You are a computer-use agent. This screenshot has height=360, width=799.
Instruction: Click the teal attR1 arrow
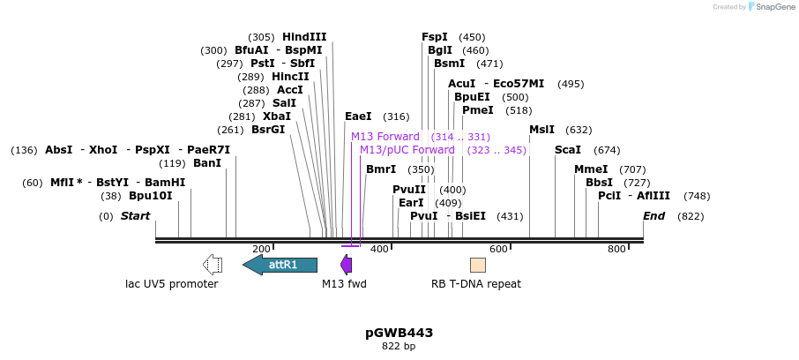tap(280, 265)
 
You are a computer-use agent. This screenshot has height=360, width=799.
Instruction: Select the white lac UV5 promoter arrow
tap(212, 265)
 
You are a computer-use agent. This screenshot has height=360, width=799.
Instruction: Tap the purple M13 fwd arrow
tap(347, 265)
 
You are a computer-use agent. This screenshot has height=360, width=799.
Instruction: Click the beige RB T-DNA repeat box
tap(477, 265)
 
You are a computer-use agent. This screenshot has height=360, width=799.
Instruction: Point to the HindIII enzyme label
tap(304, 37)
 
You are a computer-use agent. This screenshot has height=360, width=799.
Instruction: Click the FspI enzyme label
tap(435, 37)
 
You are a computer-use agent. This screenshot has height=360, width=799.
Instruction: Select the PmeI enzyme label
tap(478, 110)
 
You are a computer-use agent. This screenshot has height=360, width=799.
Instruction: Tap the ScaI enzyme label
tap(568, 150)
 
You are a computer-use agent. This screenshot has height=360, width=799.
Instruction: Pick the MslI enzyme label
tap(541, 130)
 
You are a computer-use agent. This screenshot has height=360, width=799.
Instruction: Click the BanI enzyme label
tap(207, 163)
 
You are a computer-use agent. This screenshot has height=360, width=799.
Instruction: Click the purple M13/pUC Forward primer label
tap(407, 150)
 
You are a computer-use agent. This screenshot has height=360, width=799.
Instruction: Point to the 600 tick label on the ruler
tap(498, 250)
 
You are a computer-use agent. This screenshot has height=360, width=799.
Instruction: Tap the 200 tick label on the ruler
tap(261, 250)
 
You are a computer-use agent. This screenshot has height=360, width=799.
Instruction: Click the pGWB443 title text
tap(399, 333)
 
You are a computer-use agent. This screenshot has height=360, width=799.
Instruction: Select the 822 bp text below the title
tap(399, 347)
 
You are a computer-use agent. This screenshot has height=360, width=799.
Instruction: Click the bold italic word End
tap(653, 216)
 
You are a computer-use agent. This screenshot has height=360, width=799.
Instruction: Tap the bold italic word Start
tap(135, 216)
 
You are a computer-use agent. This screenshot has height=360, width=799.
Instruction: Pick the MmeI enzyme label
tap(591, 169)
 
